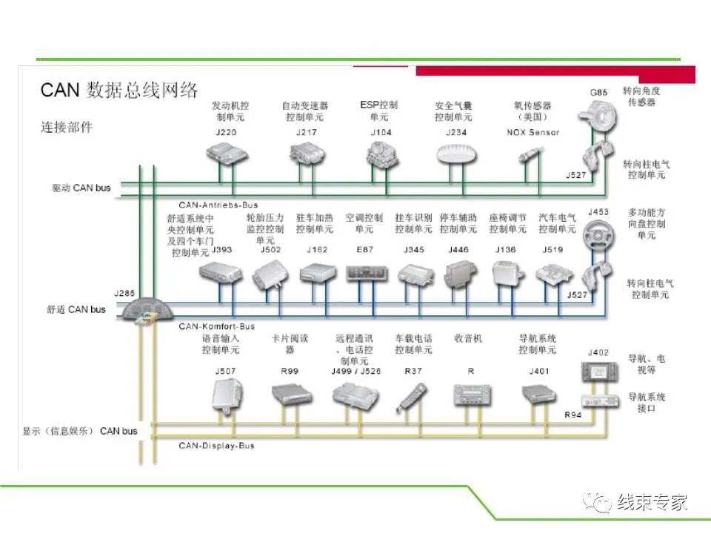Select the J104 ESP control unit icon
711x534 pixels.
pyautogui.click(x=381, y=154)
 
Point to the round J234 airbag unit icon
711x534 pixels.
pyautogui.click(x=458, y=154)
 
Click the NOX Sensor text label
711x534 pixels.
pyautogui.click(x=533, y=133)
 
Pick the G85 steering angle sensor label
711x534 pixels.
pyautogui.click(x=598, y=93)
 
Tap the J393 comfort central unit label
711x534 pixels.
pyautogui.click(x=221, y=250)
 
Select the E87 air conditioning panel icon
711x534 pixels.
pyautogui.click(x=364, y=274)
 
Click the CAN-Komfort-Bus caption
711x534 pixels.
pyautogui.click(x=216, y=326)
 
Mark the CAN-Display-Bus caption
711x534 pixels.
pyautogui.click(x=216, y=446)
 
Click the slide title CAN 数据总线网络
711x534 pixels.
pyautogui.click(x=119, y=90)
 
